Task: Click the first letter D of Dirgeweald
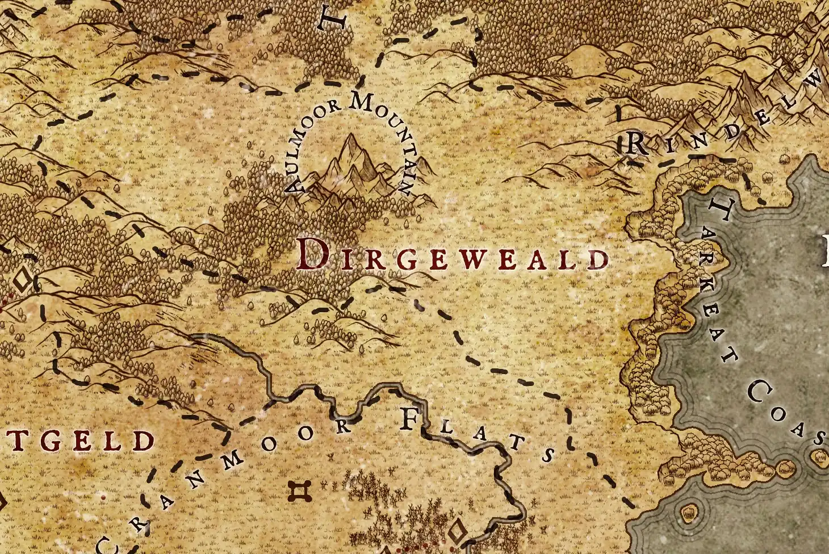coord(312,254)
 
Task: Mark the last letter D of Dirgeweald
coord(598,259)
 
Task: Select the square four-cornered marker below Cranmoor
coord(299,492)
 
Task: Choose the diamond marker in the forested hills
coord(23,280)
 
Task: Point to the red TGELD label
coord(79,441)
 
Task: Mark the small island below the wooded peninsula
coord(689,513)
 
